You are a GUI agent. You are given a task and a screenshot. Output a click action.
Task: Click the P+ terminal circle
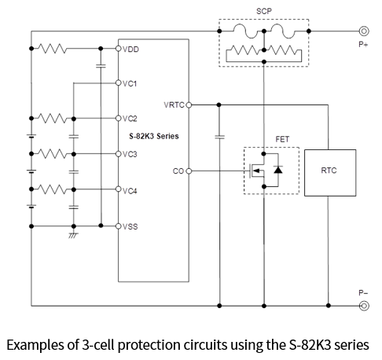tap(364, 31)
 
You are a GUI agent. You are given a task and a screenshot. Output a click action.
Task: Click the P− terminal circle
tap(364, 306)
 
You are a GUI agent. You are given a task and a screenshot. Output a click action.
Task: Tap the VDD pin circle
tap(118, 49)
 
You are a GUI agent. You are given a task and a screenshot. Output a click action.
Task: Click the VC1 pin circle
tap(118, 83)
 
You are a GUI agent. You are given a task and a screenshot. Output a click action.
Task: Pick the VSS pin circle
tap(118, 226)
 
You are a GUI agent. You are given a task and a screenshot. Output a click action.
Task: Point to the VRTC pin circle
tap(189, 105)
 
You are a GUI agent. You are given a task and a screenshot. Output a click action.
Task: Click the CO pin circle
tap(189, 171)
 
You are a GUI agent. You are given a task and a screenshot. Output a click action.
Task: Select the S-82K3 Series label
tap(154, 136)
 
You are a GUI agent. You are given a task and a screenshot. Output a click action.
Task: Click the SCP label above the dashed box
tap(264, 11)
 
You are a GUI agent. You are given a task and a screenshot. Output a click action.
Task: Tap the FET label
tap(282, 139)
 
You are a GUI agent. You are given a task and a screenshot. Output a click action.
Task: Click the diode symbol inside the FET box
tap(278, 170)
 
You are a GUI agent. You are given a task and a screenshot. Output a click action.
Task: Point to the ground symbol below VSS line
tap(73, 235)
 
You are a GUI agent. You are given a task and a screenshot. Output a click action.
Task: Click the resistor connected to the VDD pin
tap(53, 49)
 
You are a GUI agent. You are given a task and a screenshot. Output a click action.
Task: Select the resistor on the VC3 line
tap(53, 154)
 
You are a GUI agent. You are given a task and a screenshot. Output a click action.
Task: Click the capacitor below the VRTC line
tap(219, 137)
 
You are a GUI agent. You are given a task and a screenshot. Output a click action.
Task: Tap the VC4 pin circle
tap(118, 189)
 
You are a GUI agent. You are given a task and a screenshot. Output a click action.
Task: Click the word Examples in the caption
tap(35, 345)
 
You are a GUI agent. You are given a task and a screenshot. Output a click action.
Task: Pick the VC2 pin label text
tap(130, 119)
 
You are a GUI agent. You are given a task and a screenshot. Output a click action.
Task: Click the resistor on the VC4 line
tap(53, 189)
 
